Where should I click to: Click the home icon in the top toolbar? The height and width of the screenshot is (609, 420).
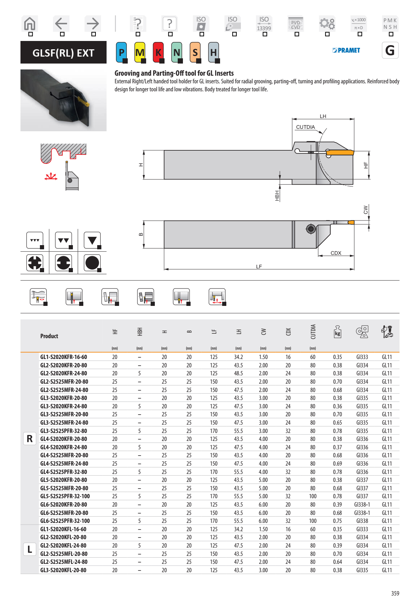(x=30, y=24)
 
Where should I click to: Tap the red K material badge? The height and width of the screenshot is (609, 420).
(x=158, y=52)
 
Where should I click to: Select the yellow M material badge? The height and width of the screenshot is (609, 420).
(x=140, y=52)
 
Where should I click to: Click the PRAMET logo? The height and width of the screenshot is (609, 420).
(x=346, y=50)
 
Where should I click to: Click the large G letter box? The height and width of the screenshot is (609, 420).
(x=390, y=51)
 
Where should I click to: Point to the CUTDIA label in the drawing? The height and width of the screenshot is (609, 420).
(x=305, y=127)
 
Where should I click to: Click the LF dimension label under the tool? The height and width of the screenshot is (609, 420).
(x=259, y=267)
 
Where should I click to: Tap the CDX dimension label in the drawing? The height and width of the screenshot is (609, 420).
(x=336, y=253)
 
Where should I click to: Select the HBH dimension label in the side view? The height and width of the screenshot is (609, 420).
(x=277, y=195)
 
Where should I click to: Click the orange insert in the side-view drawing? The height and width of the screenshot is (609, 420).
(x=340, y=152)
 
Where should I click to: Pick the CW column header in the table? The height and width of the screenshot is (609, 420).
(x=263, y=332)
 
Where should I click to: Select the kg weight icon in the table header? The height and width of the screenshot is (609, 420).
(x=337, y=332)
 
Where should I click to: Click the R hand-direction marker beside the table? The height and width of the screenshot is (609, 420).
(x=30, y=439)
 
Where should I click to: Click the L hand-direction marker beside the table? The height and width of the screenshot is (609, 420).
(x=30, y=550)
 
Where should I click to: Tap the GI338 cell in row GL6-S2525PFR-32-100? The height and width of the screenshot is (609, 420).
(x=362, y=521)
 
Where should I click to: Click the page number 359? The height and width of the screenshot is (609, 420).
(x=395, y=593)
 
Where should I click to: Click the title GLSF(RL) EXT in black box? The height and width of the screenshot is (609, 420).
(x=64, y=53)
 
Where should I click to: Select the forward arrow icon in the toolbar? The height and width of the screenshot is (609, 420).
(x=93, y=24)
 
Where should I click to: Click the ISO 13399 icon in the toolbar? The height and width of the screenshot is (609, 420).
(x=264, y=24)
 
